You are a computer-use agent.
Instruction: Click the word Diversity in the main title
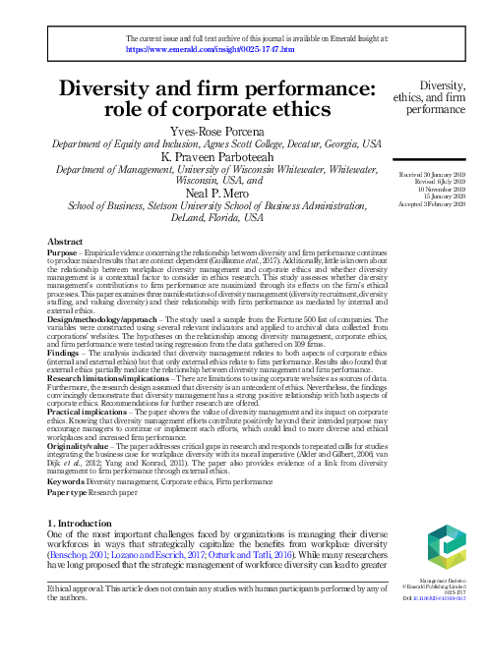click(128, 91)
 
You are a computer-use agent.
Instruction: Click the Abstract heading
click(66, 241)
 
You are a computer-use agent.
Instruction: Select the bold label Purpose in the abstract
click(64, 251)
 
